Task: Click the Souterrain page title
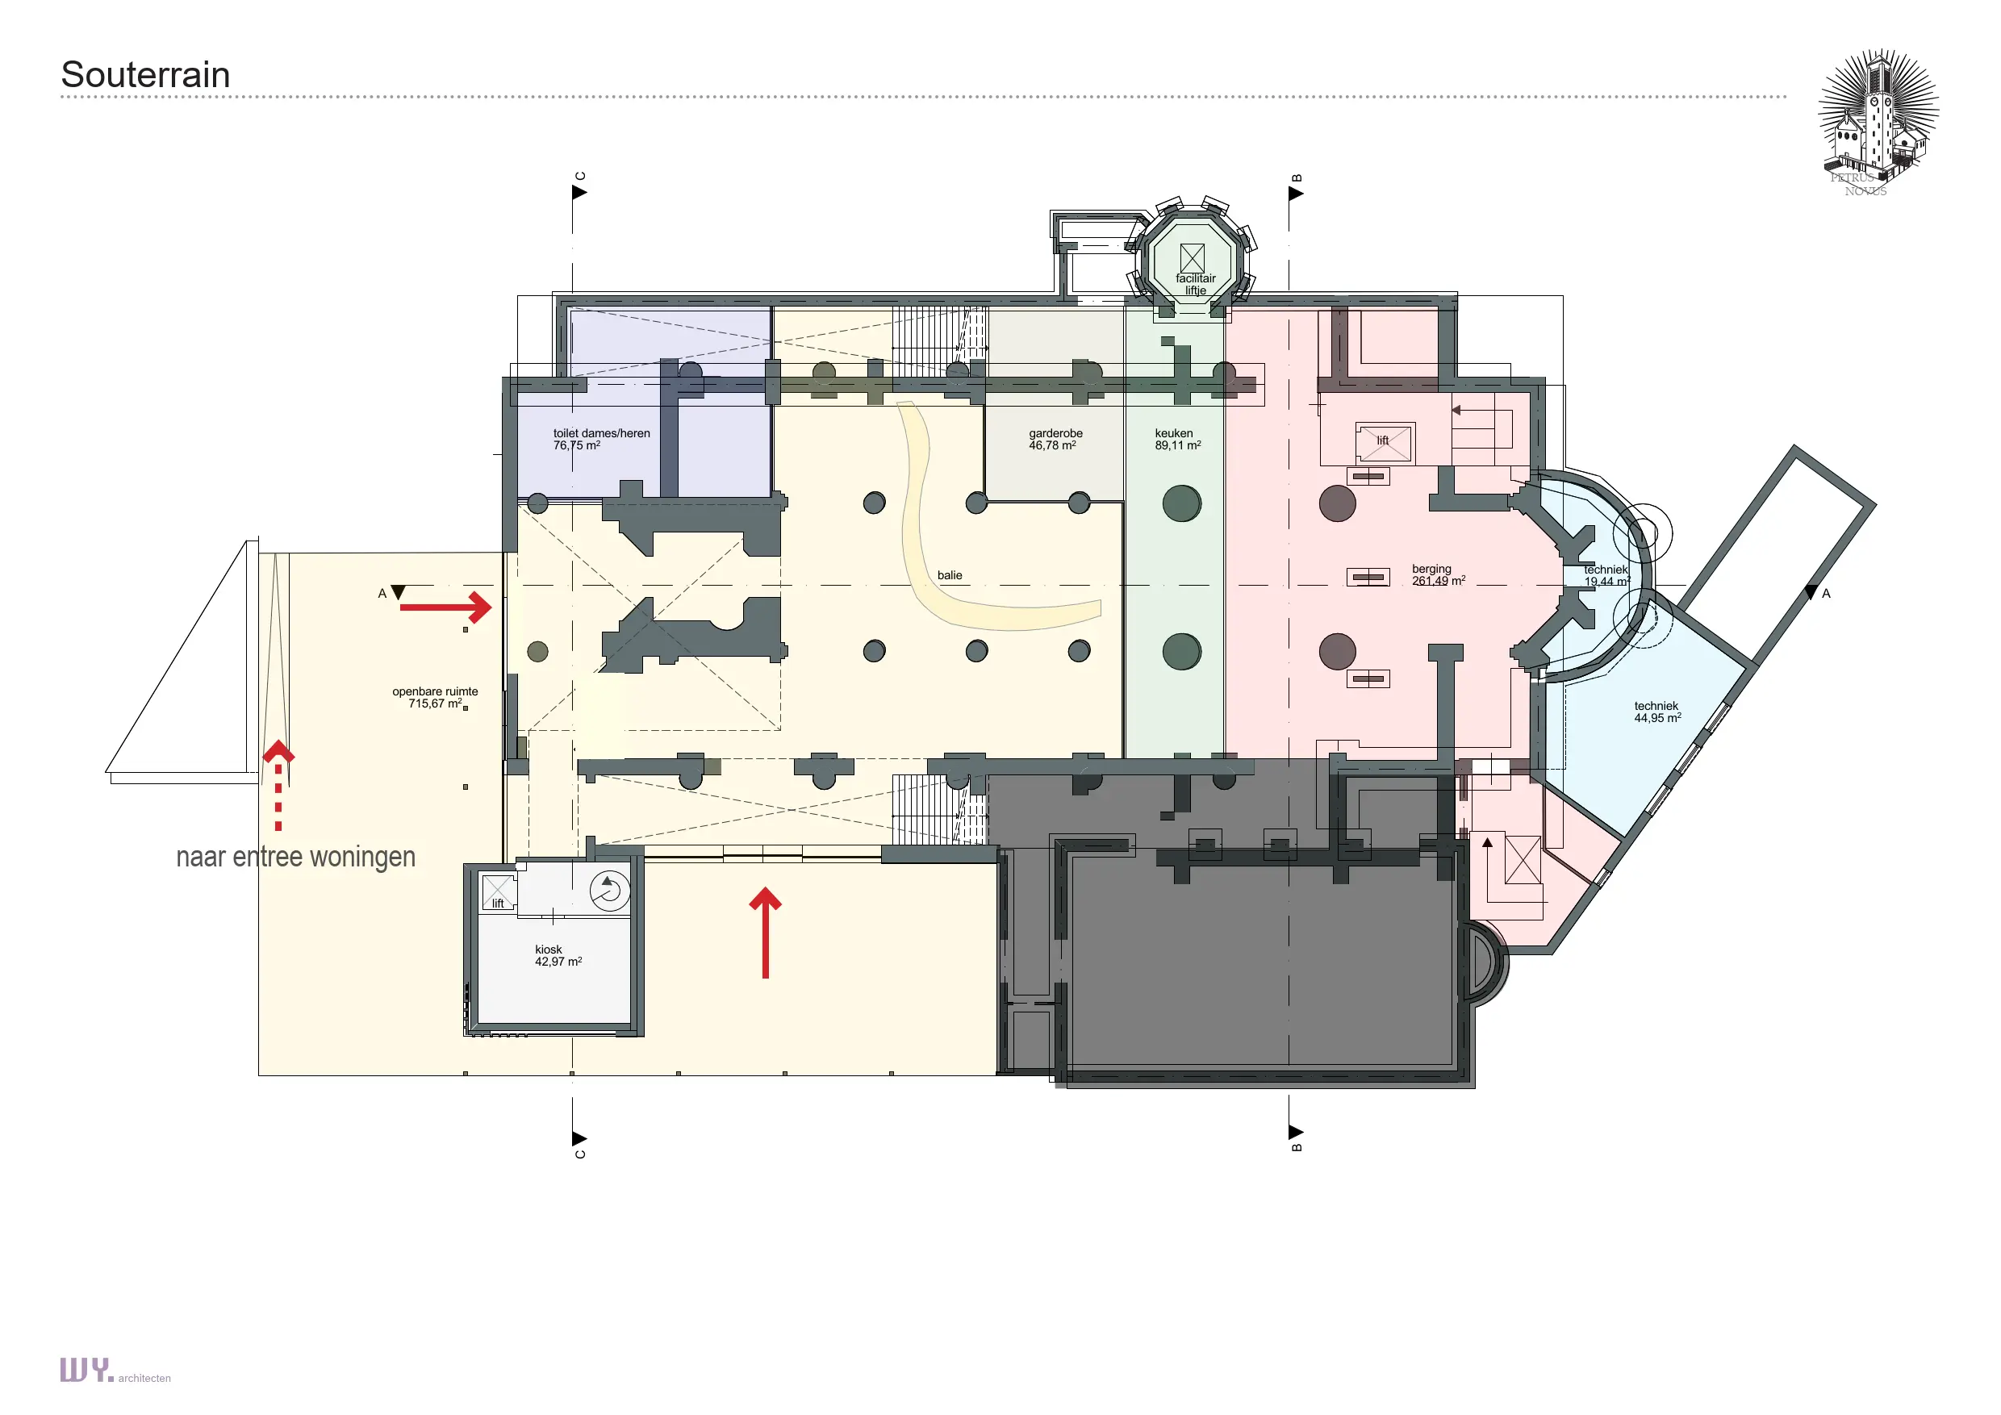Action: (x=145, y=75)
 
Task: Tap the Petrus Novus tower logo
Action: (x=1878, y=122)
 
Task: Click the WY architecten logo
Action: (x=115, y=1371)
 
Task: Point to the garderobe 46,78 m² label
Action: (x=1055, y=439)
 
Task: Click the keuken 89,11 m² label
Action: (x=1177, y=439)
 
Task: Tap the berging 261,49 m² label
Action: (x=1438, y=575)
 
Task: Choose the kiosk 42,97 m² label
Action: (x=558, y=956)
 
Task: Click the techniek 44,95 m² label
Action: (x=1656, y=712)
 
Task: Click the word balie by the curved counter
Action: (x=950, y=575)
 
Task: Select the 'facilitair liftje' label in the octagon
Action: (x=1195, y=284)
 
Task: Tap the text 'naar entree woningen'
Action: (x=295, y=858)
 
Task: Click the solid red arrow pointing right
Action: (x=445, y=607)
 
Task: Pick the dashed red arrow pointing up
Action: (x=278, y=786)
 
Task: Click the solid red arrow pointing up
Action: (x=765, y=933)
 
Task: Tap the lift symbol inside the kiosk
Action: (x=499, y=892)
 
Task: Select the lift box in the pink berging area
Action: (x=1384, y=443)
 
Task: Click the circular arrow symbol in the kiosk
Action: (x=609, y=891)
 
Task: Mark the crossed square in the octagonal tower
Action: (x=1193, y=258)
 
